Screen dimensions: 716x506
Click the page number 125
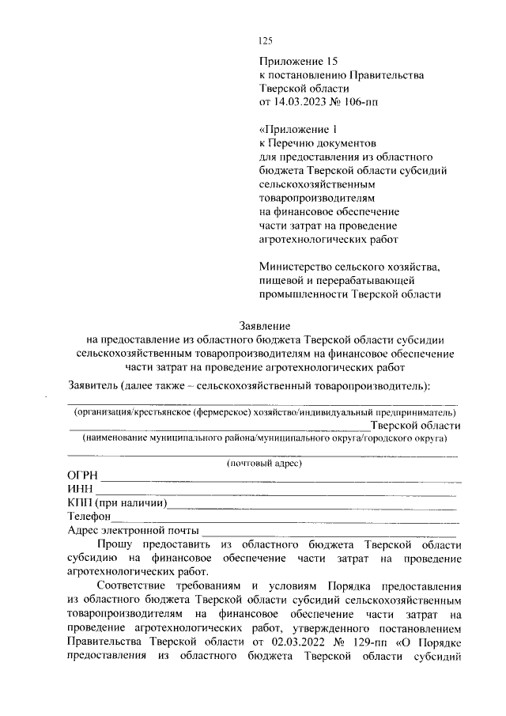265,42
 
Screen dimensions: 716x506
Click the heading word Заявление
265,325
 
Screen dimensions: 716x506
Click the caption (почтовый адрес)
264,463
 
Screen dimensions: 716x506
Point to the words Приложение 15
292,61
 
